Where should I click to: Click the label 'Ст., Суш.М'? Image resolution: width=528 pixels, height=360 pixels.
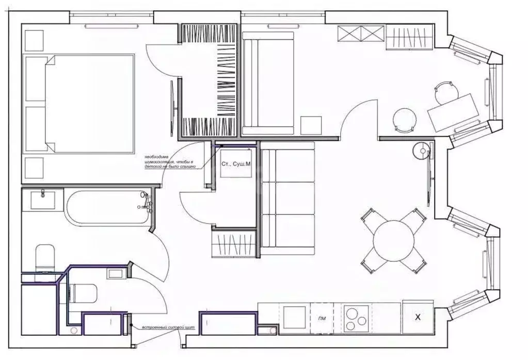click(236, 163)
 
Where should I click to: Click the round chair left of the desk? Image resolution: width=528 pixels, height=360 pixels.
click(404, 120)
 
